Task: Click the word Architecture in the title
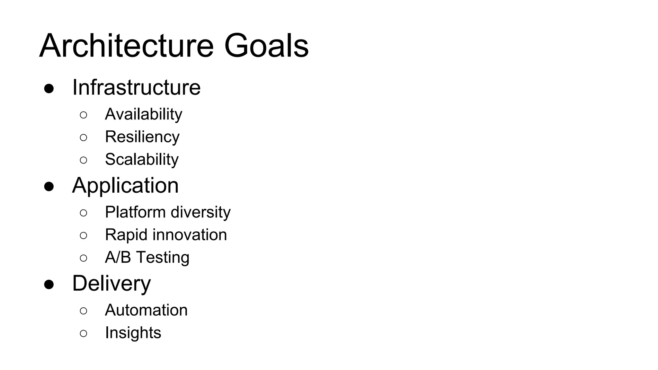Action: click(x=126, y=46)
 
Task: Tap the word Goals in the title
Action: click(x=266, y=46)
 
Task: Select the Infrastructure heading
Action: click(x=136, y=87)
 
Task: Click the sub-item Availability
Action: click(x=143, y=114)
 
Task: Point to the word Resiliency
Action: click(x=142, y=137)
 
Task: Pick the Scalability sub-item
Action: click(x=142, y=159)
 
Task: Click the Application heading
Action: click(x=125, y=186)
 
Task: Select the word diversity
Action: click(x=201, y=212)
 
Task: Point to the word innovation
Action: click(x=190, y=235)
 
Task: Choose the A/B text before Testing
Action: click(x=118, y=257)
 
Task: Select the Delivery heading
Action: click(x=111, y=284)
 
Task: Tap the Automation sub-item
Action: click(x=146, y=310)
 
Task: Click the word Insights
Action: click(x=133, y=333)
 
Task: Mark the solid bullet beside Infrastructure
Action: click(x=49, y=89)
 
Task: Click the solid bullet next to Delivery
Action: click(x=49, y=285)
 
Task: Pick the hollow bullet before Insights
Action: click(x=83, y=333)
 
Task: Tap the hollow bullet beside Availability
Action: click(x=83, y=115)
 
